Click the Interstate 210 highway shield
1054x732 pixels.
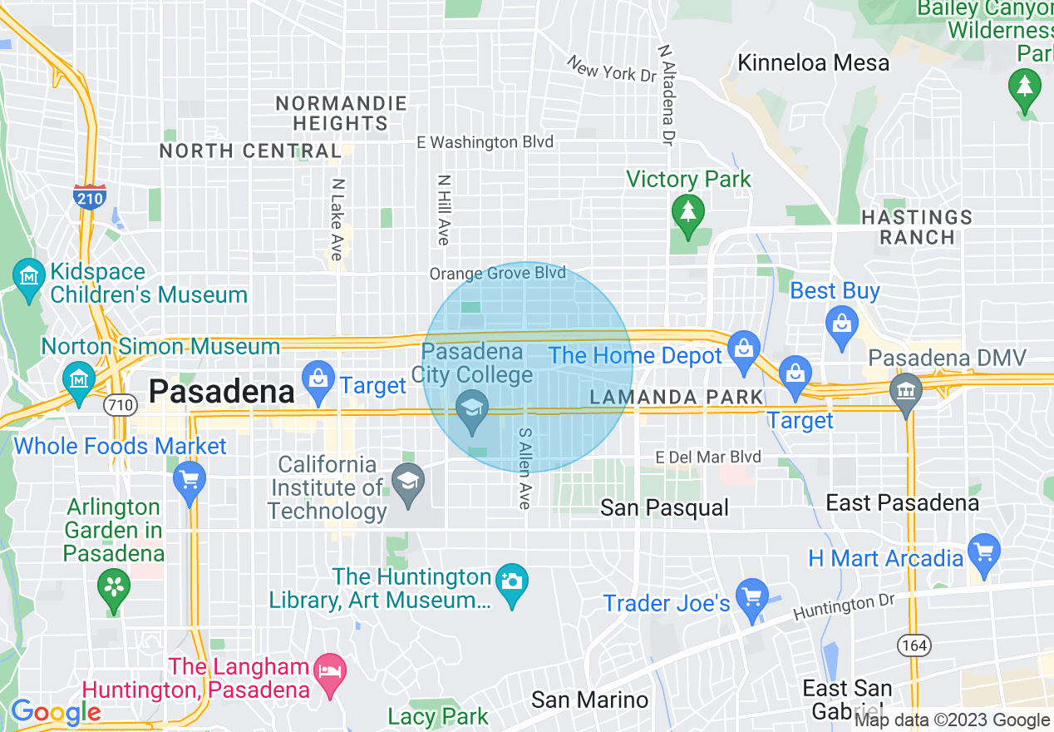(87, 196)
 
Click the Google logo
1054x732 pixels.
(56, 712)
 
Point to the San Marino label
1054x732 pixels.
(589, 700)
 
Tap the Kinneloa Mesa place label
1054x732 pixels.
(813, 62)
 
